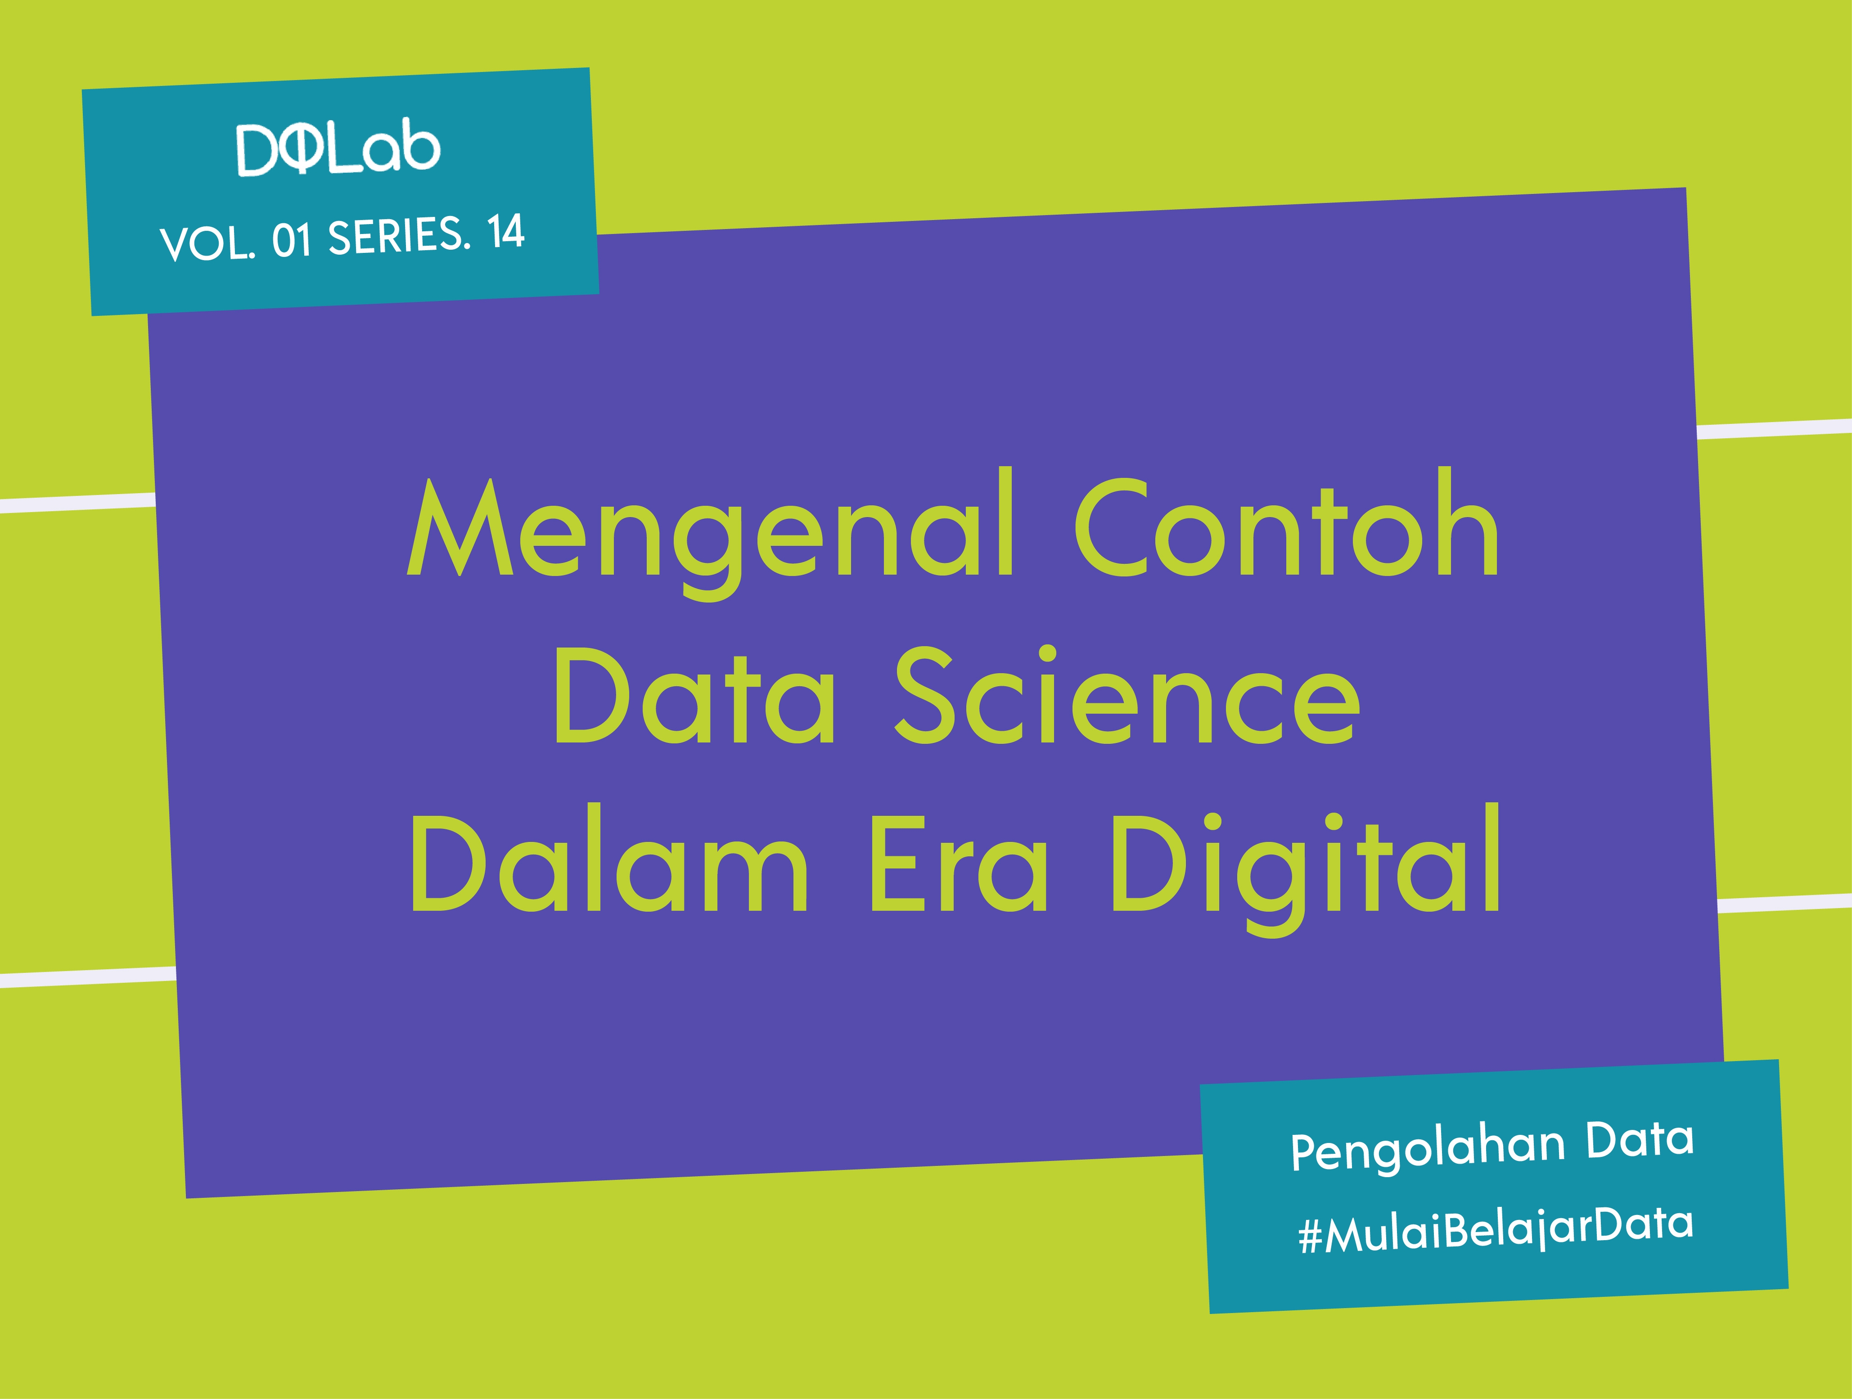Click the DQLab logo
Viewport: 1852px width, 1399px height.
pos(338,151)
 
